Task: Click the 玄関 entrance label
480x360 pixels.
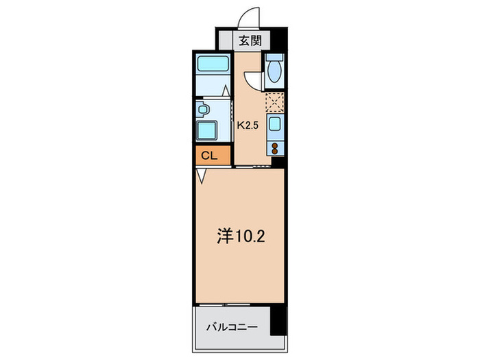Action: [x=250, y=40]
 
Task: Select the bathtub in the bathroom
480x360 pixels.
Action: [x=213, y=66]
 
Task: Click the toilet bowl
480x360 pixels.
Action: [x=275, y=72]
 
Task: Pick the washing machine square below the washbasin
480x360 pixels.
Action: [x=206, y=130]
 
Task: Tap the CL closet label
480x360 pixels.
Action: [x=208, y=156]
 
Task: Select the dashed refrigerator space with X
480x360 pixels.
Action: [x=275, y=102]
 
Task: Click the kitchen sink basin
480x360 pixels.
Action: [x=275, y=125]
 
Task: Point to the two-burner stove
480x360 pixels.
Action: [x=275, y=147]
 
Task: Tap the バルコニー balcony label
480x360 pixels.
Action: [x=232, y=328]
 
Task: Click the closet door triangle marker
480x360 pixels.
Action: [x=201, y=176]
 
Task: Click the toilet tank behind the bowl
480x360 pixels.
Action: [x=275, y=59]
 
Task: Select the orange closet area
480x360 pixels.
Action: [x=213, y=156]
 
